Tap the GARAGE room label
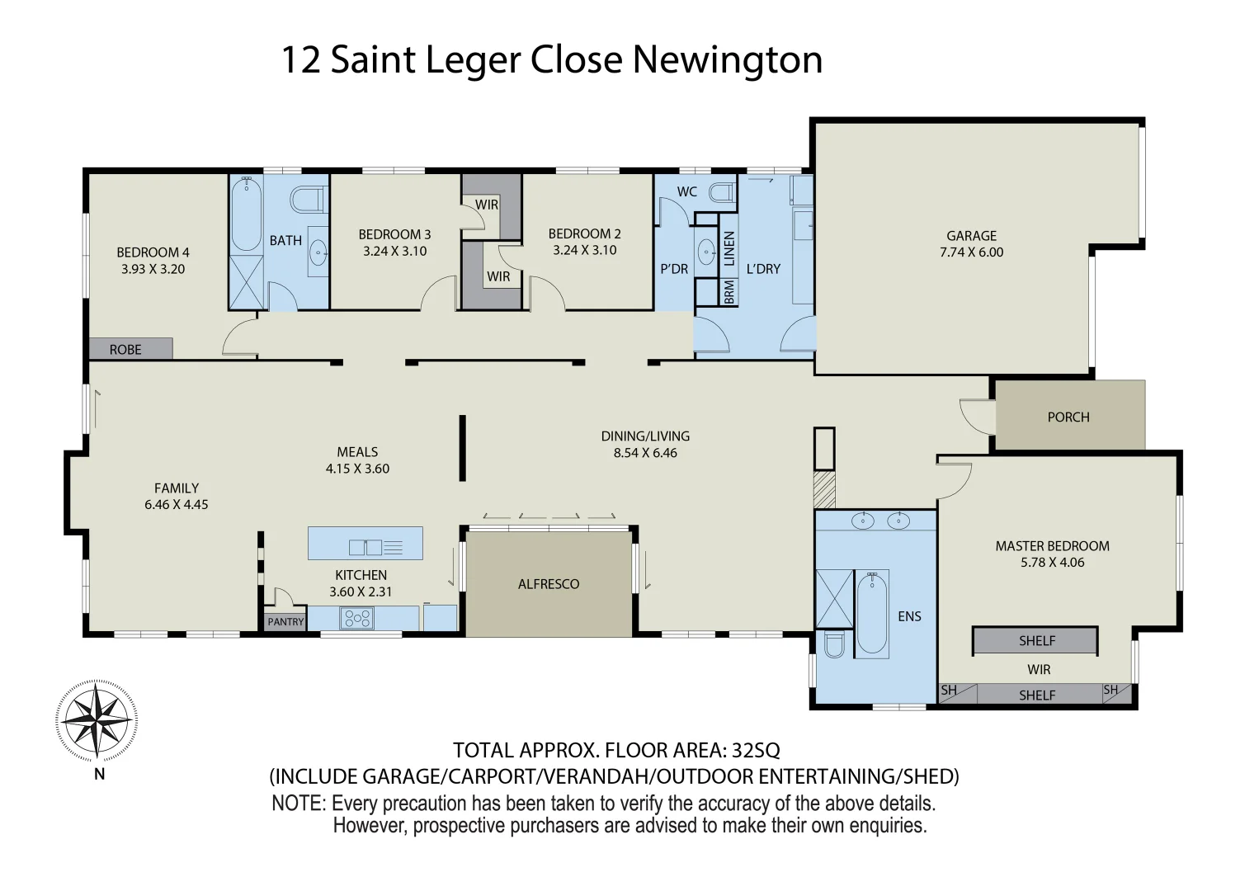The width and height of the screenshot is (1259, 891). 971,236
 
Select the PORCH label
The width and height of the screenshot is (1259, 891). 1068,417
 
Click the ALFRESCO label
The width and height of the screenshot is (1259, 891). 549,584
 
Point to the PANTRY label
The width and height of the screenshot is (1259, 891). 285,622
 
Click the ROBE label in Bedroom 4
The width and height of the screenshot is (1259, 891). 125,350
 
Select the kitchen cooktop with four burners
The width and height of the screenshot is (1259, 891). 357,618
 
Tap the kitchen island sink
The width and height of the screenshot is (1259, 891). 365,546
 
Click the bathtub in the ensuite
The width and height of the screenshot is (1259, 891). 871,614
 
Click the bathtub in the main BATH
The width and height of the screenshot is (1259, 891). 246,214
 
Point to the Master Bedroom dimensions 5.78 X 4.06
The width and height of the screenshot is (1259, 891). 1052,563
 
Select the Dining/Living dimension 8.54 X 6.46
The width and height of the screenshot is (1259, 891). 644,453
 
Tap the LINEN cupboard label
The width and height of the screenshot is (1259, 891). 729,247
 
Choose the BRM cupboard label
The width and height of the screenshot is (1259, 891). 729,292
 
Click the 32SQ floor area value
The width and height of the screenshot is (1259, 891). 756,750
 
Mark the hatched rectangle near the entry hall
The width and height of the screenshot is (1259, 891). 824,489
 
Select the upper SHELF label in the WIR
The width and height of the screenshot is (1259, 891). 1036,641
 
